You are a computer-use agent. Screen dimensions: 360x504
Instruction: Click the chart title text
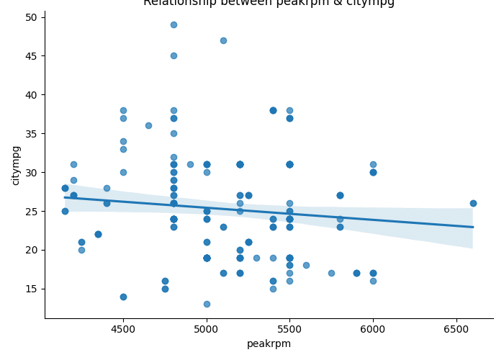(x=269, y=3)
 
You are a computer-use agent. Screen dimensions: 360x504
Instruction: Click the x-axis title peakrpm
(x=269, y=344)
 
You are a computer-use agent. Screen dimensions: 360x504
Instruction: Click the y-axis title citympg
(x=16, y=165)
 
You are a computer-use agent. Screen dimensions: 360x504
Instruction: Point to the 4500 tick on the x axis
(x=123, y=330)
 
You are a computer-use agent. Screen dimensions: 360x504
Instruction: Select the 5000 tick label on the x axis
(x=207, y=330)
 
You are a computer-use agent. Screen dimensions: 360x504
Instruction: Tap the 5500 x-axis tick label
(x=289, y=330)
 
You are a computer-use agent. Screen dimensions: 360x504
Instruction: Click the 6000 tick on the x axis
(x=373, y=330)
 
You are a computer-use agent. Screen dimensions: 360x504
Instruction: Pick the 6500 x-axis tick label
(x=456, y=330)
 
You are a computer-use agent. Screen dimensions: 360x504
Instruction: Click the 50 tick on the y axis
(x=32, y=17)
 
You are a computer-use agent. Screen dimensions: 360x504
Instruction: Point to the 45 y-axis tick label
(x=32, y=55)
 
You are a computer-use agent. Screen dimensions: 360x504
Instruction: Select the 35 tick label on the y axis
(x=32, y=133)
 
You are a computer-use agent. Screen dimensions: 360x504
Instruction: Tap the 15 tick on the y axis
(x=32, y=289)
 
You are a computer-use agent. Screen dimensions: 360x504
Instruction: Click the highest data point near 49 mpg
(x=174, y=24)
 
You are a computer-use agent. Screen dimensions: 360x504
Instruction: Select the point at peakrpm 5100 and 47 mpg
(x=223, y=40)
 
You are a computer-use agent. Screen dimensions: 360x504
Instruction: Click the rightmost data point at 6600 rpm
(x=473, y=203)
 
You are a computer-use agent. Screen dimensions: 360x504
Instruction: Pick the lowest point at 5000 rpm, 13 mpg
(x=207, y=304)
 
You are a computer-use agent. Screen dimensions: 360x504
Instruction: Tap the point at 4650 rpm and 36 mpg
(x=148, y=125)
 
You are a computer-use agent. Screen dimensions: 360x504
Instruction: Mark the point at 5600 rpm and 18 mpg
(x=306, y=265)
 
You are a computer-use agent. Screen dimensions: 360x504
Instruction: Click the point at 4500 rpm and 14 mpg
(x=123, y=297)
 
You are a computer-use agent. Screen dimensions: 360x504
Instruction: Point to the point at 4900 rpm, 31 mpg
(x=190, y=164)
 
